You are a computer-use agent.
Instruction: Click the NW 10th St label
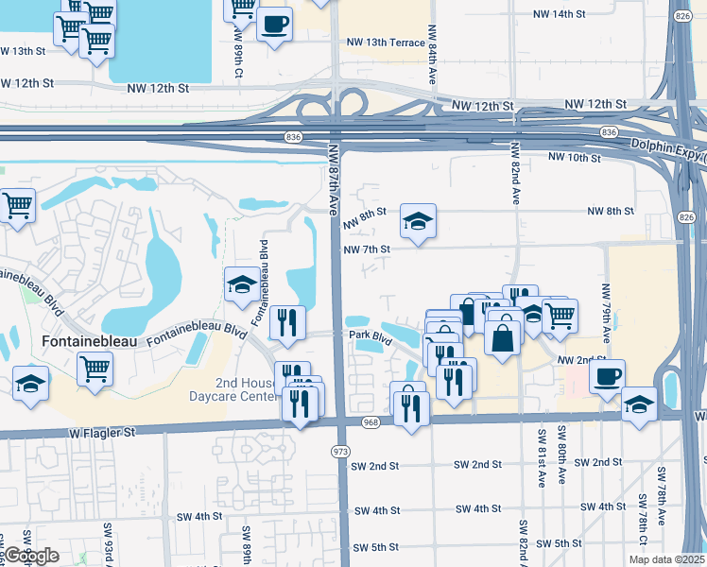point(574,157)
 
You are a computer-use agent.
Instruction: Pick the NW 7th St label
point(367,249)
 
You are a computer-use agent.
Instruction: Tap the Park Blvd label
point(370,335)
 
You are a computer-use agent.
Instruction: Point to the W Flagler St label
point(103,432)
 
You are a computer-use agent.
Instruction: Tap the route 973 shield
point(341,452)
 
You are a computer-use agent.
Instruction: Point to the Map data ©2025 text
point(669,558)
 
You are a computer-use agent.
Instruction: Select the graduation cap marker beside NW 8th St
point(418,220)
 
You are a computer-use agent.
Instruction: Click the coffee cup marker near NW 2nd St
point(606,375)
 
